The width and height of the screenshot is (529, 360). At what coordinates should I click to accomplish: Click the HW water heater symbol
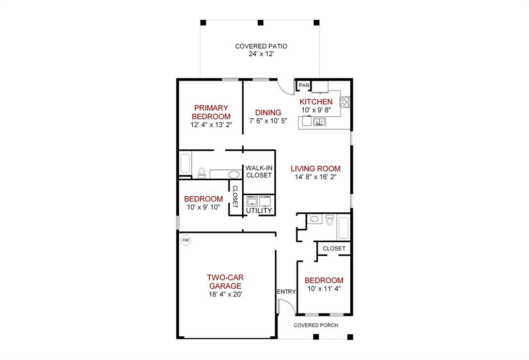186,240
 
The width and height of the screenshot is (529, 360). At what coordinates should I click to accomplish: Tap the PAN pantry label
304,85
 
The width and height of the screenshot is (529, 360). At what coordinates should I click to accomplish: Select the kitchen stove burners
345,102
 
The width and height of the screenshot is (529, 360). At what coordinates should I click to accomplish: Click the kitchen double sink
319,121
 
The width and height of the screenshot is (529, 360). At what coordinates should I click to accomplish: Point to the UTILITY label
259,211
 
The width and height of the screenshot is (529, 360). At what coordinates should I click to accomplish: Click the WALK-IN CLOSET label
259,171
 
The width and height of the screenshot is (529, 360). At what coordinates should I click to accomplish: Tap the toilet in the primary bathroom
202,173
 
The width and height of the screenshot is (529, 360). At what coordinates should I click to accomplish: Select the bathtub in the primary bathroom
185,163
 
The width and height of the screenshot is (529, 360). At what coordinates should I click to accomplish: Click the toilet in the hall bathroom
330,220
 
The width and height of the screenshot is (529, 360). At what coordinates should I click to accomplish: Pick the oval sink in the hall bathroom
315,219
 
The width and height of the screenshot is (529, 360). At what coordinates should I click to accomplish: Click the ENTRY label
286,291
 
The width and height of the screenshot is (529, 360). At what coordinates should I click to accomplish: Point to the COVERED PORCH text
316,325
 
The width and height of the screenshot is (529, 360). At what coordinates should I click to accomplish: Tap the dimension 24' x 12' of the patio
261,54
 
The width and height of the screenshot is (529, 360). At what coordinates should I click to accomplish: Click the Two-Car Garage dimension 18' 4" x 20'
225,294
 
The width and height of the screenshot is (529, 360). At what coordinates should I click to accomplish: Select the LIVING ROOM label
316,169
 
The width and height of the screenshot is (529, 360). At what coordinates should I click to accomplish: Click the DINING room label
268,113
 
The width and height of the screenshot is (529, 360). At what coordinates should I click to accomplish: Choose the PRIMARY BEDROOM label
211,112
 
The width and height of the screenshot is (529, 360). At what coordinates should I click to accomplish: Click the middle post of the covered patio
260,23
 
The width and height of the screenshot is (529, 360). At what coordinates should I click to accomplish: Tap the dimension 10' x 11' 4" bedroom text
324,289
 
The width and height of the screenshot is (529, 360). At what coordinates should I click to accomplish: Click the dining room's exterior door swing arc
286,89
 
